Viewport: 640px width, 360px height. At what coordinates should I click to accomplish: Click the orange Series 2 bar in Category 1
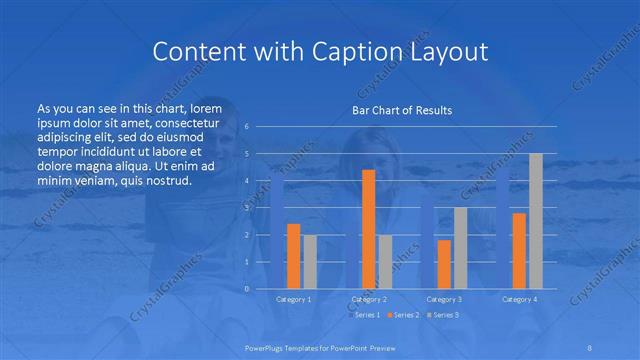(x=293, y=256)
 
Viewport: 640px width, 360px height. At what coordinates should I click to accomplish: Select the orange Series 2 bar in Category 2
(x=368, y=229)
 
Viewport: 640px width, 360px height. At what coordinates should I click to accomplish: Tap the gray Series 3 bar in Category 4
(x=535, y=221)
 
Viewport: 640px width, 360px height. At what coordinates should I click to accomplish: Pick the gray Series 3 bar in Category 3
(x=460, y=248)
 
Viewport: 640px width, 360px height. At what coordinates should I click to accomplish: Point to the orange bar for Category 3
(x=444, y=264)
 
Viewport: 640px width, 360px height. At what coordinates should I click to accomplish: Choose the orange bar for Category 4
(x=519, y=250)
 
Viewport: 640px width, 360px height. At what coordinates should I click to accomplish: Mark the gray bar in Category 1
(x=309, y=261)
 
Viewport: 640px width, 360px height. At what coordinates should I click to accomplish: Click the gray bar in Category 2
(x=385, y=261)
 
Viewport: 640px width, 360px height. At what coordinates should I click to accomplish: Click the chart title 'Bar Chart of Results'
(x=402, y=110)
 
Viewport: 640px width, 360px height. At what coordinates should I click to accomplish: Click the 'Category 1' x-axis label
(x=293, y=299)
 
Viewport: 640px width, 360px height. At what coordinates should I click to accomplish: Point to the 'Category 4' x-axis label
(x=519, y=299)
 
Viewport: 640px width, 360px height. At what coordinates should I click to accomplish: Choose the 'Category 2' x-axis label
(x=368, y=299)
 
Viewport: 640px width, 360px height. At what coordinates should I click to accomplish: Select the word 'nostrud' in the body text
(x=164, y=181)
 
